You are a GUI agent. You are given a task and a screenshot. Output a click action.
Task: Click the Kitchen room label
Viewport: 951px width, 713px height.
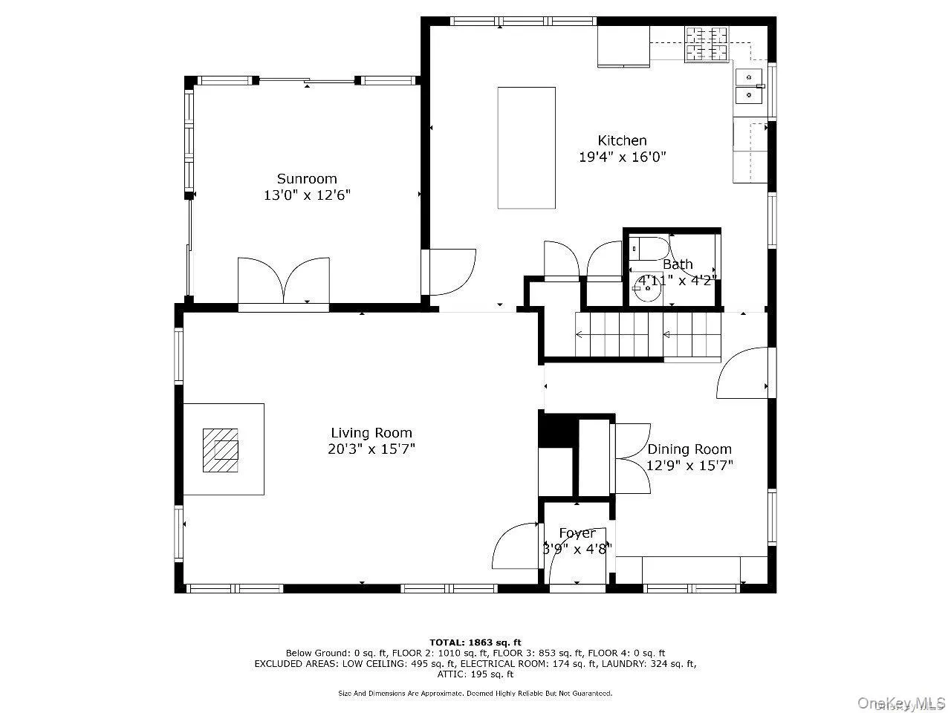click(622, 140)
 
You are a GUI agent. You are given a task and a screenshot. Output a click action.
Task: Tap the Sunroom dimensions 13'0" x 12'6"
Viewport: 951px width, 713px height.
click(307, 195)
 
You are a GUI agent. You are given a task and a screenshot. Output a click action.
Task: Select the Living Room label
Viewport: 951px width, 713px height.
click(371, 433)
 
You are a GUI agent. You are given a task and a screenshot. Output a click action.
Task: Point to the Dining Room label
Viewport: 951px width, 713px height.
click(689, 449)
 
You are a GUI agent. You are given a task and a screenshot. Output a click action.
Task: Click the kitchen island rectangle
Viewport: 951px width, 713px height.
click(526, 148)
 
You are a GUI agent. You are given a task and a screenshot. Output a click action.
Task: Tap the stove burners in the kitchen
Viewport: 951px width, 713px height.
click(707, 44)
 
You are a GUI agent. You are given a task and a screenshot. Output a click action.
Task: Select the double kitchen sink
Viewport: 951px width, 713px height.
click(750, 86)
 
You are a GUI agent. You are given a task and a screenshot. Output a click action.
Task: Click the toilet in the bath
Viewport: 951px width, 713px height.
click(649, 247)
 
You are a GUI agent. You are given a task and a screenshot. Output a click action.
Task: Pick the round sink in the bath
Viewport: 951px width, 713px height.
click(647, 288)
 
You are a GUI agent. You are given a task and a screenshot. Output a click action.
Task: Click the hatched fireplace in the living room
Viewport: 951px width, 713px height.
click(221, 449)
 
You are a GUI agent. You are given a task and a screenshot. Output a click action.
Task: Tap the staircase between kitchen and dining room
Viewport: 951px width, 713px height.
click(648, 335)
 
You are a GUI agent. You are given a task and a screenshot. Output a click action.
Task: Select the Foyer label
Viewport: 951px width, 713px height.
click(577, 533)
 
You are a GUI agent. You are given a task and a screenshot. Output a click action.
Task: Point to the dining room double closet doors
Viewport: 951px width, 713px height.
click(633, 458)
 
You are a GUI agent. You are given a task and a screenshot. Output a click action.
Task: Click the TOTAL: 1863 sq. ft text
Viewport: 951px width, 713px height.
click(475, 642)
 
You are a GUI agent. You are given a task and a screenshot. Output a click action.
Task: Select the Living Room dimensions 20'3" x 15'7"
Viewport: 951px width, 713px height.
click(372, 449)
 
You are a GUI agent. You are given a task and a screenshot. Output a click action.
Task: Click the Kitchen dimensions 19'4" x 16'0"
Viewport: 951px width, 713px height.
click(623, 157)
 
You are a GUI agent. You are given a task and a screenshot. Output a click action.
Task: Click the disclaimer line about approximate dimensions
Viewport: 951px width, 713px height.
click(475, 693)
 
